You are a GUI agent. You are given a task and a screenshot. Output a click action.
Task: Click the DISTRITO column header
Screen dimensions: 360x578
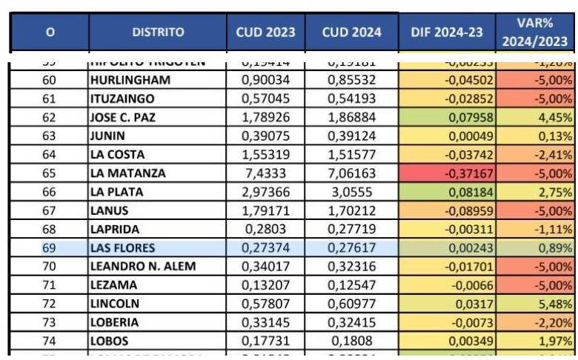point(158,33)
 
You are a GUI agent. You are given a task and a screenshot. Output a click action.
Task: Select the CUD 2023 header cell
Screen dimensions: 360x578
point(265,33)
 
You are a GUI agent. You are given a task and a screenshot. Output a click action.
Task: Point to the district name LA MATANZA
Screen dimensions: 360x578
point(127,173)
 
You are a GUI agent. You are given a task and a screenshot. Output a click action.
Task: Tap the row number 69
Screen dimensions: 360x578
point(50,248)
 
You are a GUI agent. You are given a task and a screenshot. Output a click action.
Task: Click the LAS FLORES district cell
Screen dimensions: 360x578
point(122,248)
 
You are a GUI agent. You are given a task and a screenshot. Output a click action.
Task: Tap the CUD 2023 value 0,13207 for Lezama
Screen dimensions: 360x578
point(266,285)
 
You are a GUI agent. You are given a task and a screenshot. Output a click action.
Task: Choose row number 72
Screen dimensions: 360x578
point(50,304)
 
